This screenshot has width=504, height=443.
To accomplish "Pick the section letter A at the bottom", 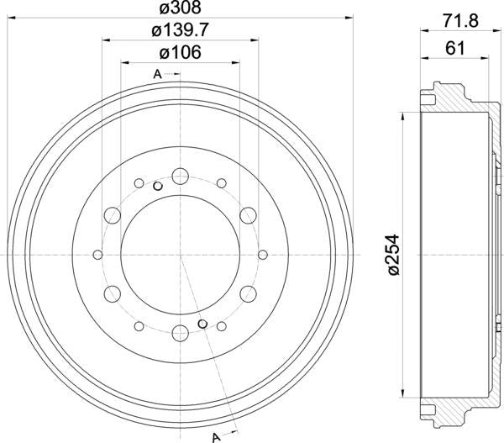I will (x=216, y=435).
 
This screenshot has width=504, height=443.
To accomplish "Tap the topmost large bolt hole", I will (x=180, y=176).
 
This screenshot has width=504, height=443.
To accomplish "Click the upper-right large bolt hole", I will (x=249, y=216).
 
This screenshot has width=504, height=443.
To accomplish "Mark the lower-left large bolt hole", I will (x=111, y=294).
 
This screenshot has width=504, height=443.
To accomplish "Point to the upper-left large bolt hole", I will (x=111, y=216).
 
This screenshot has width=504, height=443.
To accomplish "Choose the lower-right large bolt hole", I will (x=249, y=294).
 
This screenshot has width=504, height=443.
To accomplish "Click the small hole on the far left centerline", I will (x=97, y=255).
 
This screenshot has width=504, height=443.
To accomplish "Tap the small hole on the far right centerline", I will (x=262, y=255).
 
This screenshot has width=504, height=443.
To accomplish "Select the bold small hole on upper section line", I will (x=158, y=186).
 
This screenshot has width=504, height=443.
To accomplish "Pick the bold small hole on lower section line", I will (x=202, y=324).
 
